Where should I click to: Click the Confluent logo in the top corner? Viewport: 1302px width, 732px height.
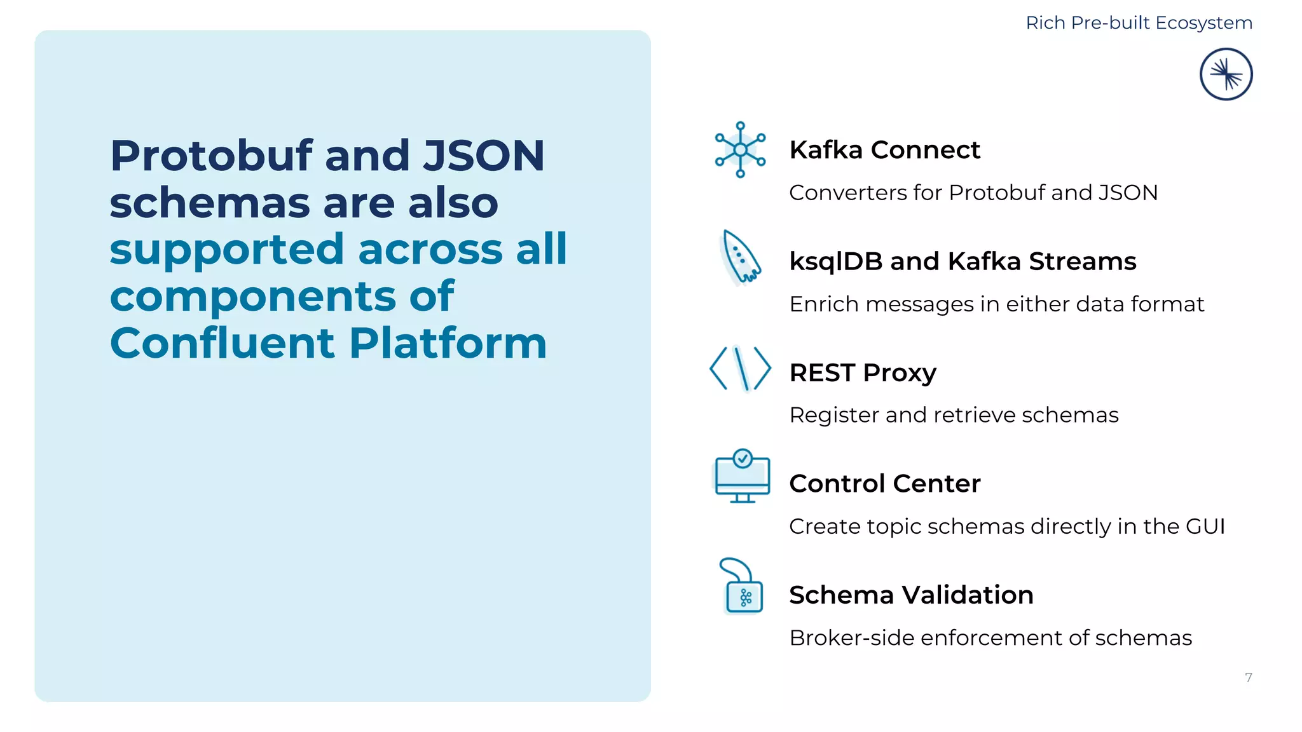tap(1226, 74)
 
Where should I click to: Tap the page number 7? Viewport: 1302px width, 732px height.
tap(1249, 677)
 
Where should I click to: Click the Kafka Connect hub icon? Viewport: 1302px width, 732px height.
tap(740, 149)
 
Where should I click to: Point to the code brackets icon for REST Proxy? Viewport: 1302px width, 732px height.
tap(740, 368)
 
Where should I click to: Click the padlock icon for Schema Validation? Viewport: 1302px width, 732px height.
tap(742, 588)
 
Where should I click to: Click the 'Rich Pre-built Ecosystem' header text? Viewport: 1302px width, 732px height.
tap(1139, 23)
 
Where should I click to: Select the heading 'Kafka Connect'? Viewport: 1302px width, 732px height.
tap(884, 150)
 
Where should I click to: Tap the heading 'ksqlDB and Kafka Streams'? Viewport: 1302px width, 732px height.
tap(963, 261)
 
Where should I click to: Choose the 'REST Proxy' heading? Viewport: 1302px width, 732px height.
tap(863, 372)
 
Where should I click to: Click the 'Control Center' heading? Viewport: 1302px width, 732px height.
tap(884, 484)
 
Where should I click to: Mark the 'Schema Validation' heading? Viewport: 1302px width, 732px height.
tap(911, 595)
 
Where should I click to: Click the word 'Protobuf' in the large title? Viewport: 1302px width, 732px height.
tap(212, 156)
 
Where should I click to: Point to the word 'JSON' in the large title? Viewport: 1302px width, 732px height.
tap(484, 156)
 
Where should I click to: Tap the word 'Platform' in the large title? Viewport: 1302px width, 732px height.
tap(448, 343)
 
